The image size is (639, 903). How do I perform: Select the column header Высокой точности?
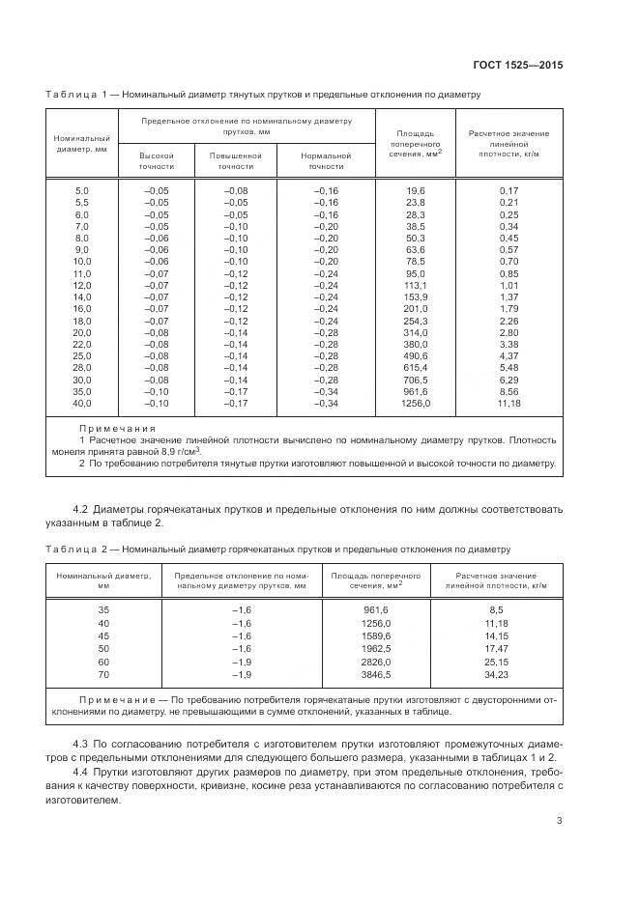(x=156, y=160)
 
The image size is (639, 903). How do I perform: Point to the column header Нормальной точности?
(x=319, y=160)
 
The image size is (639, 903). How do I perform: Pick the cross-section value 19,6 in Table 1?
(x=416, y=191)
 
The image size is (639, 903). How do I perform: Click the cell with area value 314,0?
(x=415, y=331)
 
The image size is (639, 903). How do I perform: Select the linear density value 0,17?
(x=508, y=191)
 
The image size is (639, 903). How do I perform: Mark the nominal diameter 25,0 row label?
(x=81, y=354)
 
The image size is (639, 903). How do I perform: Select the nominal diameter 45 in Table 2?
(x=103, y=637)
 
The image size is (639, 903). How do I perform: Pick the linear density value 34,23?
(x=497, y=673)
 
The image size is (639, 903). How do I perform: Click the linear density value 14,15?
(x=497, y=637)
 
